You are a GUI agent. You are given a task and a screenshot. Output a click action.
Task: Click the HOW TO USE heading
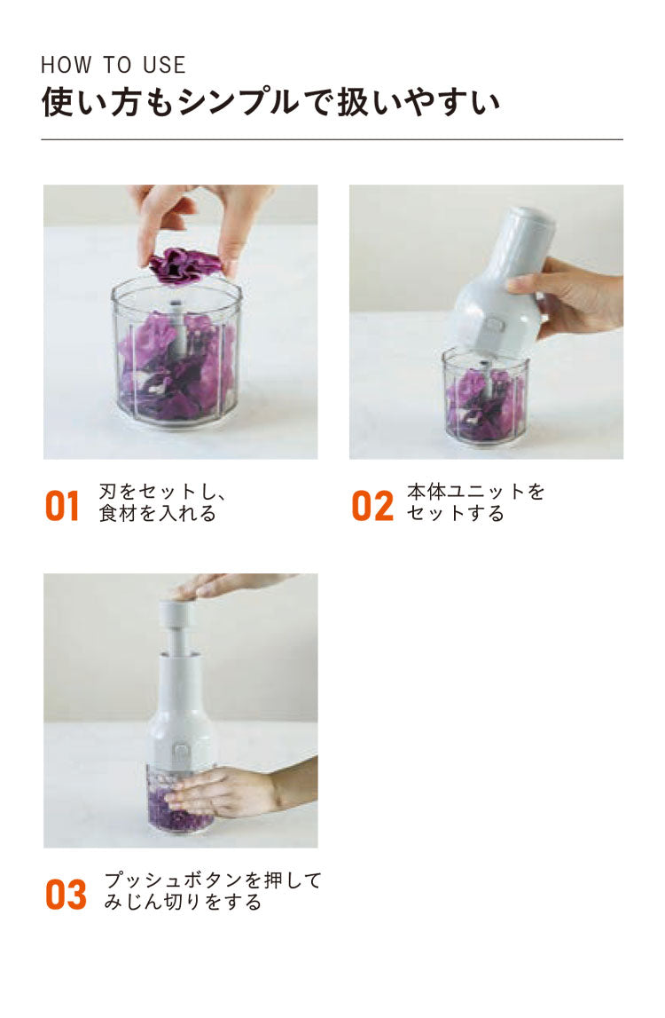113,65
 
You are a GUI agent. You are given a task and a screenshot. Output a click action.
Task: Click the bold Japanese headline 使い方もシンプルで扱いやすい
270,103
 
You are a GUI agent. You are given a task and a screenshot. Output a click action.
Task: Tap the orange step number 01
62,507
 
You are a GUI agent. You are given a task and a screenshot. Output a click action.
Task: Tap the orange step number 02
372,507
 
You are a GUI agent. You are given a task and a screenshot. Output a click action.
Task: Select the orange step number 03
66,895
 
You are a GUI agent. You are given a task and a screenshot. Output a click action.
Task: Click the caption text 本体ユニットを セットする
475,502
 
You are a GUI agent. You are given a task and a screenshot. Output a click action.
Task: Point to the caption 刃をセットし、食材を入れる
162,502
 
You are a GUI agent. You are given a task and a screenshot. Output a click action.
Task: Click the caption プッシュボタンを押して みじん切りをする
213,891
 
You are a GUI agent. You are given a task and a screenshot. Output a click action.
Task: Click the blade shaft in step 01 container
178,327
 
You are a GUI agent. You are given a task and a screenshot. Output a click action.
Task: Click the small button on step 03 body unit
180,754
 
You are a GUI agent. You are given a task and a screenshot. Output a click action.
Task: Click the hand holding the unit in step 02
565,296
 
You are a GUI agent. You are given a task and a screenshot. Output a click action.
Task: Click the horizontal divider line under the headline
332,139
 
